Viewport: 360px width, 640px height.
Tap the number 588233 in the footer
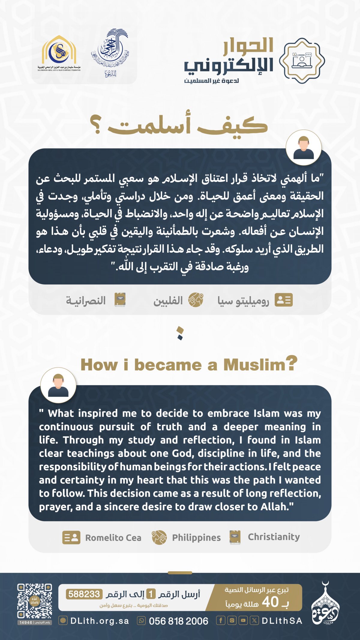coord(84,594)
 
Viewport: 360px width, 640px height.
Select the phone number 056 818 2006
coord(178,621)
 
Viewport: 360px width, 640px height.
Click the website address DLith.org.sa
coord(99,621)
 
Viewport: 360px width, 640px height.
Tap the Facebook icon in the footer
coord(220,620)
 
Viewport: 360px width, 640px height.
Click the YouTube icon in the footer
coord(243,620)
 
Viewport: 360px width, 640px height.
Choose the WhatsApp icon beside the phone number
coord(141,620)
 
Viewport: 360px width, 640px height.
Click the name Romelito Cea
coord(113,538)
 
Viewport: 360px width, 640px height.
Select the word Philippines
coord(196,538)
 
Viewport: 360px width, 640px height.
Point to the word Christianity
coord(274,537)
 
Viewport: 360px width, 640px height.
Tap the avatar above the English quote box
coord(58,386)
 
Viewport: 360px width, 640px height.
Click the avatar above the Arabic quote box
coord(303,148)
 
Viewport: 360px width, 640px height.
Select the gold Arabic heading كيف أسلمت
coord(179,125)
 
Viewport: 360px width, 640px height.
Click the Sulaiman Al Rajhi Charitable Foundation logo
coord(59,54)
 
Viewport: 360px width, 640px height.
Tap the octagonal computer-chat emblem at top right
coord(302,61)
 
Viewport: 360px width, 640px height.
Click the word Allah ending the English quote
coord(274,507)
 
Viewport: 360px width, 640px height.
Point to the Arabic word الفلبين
coord(168,301)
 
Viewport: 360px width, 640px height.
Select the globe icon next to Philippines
coord(159,537)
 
